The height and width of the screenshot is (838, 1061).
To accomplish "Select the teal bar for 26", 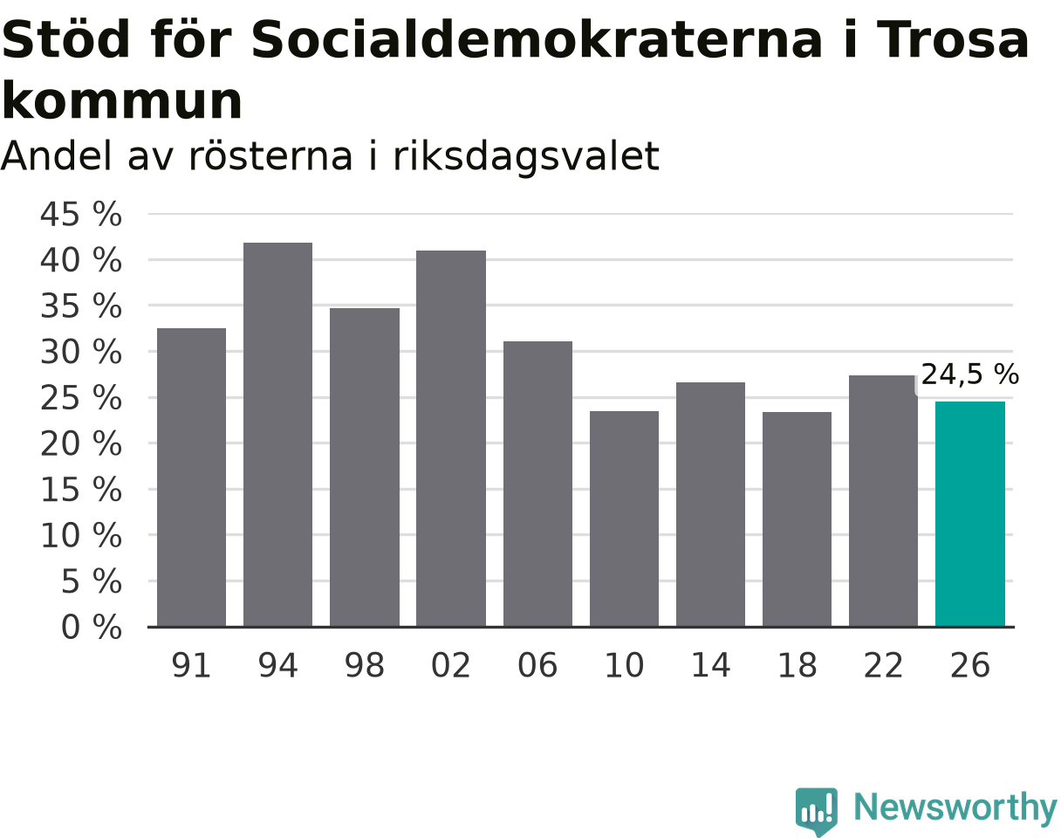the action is click(969, 514).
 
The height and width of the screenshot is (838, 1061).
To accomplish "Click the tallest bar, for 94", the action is click(277, 435).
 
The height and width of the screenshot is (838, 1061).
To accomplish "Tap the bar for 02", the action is click(450, 438).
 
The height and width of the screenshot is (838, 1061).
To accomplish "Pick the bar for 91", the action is click(191, 477).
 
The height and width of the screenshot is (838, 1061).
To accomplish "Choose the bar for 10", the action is click(624, 519).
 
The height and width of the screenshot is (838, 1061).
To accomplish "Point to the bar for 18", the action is click(797, 519).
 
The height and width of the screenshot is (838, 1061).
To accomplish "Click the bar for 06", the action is click(537, 484).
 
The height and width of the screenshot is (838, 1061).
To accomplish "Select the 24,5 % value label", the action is click(969, 374).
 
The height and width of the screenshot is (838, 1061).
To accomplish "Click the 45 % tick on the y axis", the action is click(81, 215).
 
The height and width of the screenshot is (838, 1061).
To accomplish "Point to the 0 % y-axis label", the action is click(92, 627).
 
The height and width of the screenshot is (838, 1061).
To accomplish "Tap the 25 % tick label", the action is click(81, 398).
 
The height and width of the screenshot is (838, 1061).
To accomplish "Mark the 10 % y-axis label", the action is click(81, 535).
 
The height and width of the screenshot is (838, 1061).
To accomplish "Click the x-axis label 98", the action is click(365, 665).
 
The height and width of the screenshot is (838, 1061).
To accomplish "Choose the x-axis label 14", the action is click(710, 665).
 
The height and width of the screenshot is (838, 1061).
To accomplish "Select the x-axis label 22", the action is click(883, 665).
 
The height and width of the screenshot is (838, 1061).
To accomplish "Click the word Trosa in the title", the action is click(953, 39).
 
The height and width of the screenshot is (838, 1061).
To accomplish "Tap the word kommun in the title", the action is click(122, 101).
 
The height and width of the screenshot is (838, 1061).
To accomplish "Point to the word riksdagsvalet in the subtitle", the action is click(525, 156).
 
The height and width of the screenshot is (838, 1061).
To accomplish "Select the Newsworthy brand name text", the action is click(956, 807).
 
